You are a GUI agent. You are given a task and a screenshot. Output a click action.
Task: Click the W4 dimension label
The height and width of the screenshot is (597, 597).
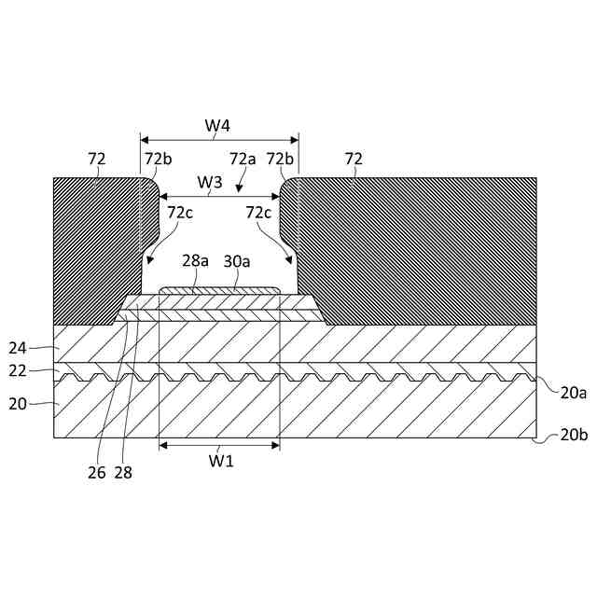click(217, 124)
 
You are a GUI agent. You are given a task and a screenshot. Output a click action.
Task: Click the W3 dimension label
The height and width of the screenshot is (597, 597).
click(210, 183)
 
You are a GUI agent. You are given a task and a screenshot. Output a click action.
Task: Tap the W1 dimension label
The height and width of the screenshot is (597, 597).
click(219, 459)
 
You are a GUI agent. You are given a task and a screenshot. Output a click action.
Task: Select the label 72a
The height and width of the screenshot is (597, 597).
click(243, 160)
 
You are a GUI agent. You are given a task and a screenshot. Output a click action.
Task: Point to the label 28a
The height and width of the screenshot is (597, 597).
click(196, 262)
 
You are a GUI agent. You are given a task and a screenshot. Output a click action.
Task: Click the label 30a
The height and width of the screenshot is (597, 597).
click(237, 262)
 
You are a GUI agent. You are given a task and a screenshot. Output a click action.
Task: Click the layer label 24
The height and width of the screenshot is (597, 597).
click(18, 348)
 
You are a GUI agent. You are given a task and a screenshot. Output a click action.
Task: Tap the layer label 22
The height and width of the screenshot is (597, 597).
click(18, 371)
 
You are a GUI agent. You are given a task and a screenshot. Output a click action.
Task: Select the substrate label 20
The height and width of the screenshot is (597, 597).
click(18, 405)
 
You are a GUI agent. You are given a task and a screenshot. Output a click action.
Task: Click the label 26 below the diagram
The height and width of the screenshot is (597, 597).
click(97, 472)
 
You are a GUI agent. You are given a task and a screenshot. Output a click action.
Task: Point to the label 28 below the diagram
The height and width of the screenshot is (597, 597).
click(123, 472)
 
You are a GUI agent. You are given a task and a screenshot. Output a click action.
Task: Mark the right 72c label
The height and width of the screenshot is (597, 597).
click(258, 213)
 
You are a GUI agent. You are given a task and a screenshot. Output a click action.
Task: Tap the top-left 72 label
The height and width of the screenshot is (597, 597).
click(97, 160)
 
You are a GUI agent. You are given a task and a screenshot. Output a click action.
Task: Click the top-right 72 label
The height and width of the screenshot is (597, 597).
click(354, 160)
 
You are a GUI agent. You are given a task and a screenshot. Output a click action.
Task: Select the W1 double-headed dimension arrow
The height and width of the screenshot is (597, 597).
click(219, 445)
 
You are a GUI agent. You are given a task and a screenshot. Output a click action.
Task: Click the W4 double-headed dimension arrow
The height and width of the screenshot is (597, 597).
click(218, 136)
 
